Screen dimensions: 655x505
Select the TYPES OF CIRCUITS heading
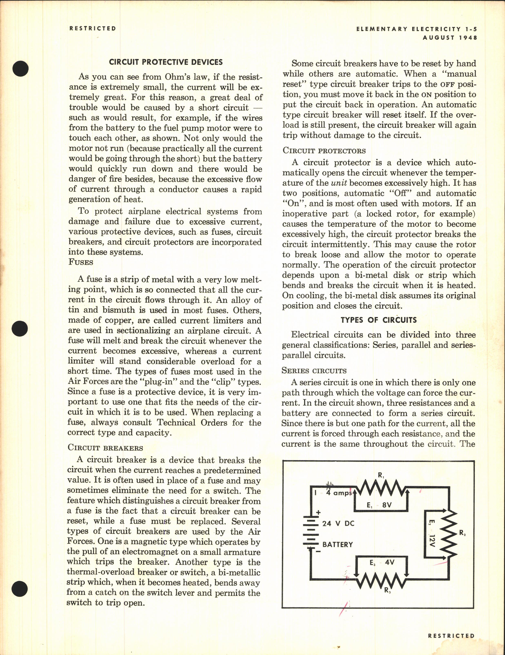[x=378, y=320]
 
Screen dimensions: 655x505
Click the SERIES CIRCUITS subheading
[x=314, y=371]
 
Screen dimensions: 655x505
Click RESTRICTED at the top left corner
[x=92, y=29]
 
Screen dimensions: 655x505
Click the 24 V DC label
[x=338, y=524]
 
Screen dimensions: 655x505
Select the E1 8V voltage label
[x=379, y=505]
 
